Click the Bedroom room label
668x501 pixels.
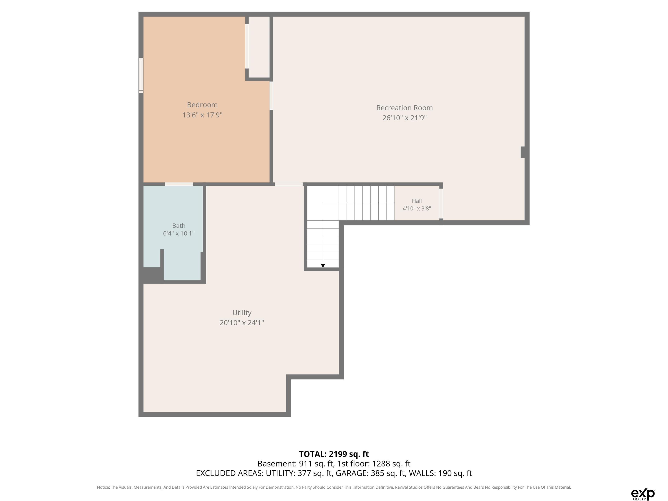click(x=202, y=105)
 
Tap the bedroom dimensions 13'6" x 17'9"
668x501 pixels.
click(x=202, y=115)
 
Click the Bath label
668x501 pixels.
click(x=179, y=225)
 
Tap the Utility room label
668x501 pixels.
click(x=242, y=312)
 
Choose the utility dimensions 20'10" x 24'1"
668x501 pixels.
click(x=242, y=322)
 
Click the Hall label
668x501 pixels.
click(x=417, y=201)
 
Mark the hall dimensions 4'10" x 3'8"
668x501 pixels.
click(x=417, y=208)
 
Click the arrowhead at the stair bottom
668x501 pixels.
click(x=323, y=266)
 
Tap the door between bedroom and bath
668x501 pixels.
click(x=179, y=184)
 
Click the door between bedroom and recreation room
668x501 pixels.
click(x=271, y=95)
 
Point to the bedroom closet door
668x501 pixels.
click(x=247, y=46)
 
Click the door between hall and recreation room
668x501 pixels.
click(x=441, y=204)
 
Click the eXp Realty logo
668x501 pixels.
click(x=643, y=494)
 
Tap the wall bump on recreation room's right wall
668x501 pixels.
click(x=523, y=152)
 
